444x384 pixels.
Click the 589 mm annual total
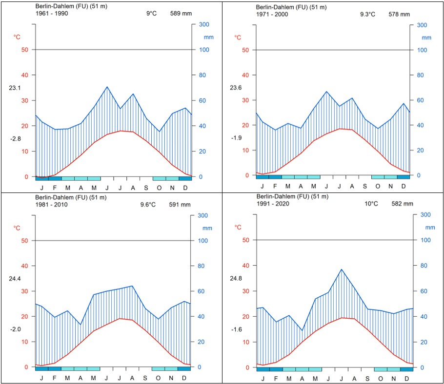point(180,14)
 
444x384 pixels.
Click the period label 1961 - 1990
point(52,14)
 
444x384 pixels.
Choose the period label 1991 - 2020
point(273,204)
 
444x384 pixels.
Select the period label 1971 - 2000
point(272,14)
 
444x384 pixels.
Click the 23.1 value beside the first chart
point(15,88)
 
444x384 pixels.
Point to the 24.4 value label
point(15,278)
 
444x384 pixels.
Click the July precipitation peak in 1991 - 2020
point(342,269)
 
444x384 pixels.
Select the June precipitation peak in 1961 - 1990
point(107,87)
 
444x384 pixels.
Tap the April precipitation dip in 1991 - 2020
point(303,330)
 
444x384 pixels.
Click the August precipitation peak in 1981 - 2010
point(132,286)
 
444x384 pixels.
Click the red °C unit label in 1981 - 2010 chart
point(17,228)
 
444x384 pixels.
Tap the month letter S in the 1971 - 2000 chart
point(364,186)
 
